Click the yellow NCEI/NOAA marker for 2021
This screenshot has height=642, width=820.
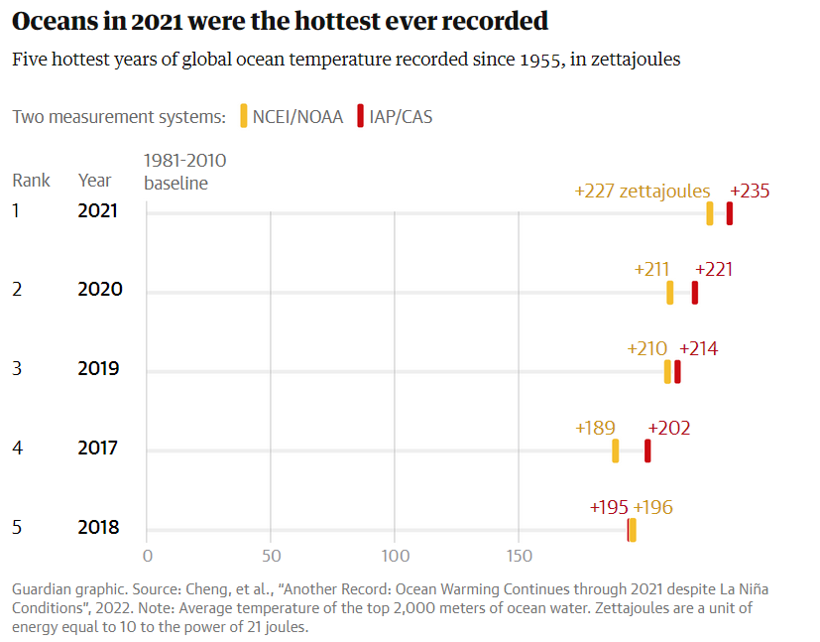(710, 213)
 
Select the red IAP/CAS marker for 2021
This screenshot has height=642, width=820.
(730, 213)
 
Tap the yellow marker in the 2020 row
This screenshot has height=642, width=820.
(670, 293)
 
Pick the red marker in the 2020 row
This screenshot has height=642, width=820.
(695, 293)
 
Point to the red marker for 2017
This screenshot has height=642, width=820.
(647, 450)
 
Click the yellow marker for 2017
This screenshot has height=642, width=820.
(616, 450)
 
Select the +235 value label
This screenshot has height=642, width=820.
(750, 192)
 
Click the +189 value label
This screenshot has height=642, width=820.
(595, 429)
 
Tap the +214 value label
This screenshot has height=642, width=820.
(698, 349)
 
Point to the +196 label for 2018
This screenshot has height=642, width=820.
(653, 508)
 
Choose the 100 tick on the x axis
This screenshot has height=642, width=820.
(395, 555)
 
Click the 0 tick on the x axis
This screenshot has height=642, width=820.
(147, 555)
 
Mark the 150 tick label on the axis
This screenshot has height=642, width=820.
(519, 555)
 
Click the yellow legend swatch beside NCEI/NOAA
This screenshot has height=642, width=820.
(244, 116)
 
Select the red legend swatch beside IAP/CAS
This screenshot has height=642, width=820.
(361, 116)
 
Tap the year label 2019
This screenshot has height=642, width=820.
(99, 368)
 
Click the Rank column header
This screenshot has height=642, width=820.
(32, 181)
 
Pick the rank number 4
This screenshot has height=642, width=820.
(17, 448)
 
